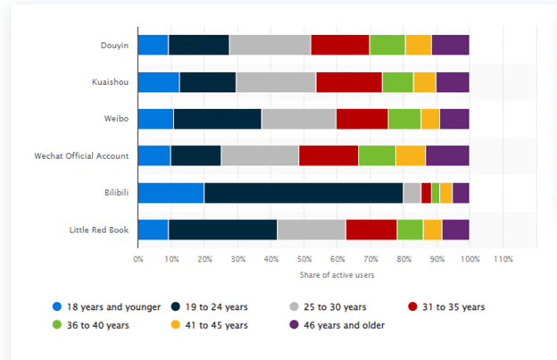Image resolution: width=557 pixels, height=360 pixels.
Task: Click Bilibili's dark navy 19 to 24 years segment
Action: (x=303, y=192)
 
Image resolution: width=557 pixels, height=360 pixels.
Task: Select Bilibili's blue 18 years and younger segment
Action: (x=170, y=192)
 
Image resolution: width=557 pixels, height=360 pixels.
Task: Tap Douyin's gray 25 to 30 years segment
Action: (x=270, y=45)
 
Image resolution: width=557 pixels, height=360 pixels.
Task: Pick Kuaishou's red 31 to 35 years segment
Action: (x=348, y=82)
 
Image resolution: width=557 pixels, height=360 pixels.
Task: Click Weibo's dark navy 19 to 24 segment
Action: (x=217, y=119)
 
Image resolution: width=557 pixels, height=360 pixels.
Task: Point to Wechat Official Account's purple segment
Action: (x=447, y=155)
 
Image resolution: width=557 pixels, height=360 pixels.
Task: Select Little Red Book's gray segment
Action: (x=311, y=230)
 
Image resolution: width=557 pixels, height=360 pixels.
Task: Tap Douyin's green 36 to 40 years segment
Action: (x=387, y=45)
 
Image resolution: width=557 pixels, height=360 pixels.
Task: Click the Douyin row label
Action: (x=114, y=45)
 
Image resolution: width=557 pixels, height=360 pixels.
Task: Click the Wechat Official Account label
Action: (x=80, y=155)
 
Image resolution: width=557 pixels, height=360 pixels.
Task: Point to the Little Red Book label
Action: (x=99, y=230)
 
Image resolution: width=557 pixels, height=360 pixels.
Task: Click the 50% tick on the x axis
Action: (x=303, y=259)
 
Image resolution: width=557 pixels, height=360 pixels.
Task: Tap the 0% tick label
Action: (x=138, y=259)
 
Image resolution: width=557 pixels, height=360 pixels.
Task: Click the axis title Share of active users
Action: (x=303, y=274)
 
